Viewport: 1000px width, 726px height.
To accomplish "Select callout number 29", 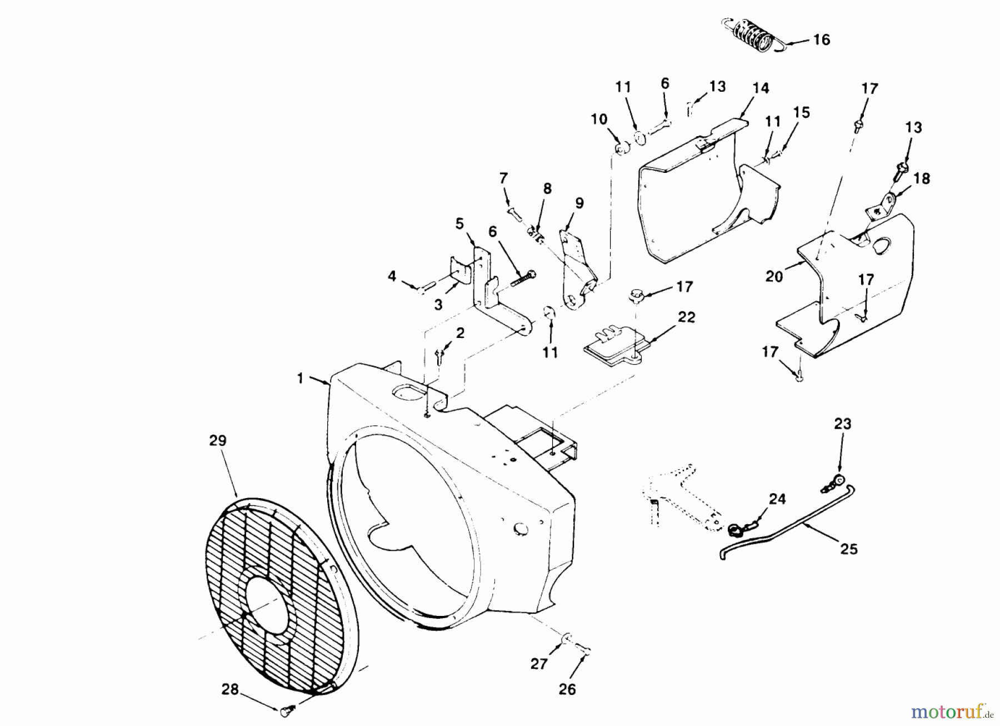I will [218, 441].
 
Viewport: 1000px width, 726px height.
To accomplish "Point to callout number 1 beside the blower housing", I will [301, 379].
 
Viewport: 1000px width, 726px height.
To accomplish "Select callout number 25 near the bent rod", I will [849, 549].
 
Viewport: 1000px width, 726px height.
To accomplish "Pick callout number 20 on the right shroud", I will [774, 276].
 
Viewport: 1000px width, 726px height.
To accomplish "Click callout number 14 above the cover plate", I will [761, 88].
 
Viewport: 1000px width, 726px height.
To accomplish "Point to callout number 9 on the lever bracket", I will [579, 203].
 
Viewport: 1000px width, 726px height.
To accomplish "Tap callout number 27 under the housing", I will [539, 663].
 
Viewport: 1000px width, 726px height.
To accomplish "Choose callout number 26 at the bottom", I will [567, 689].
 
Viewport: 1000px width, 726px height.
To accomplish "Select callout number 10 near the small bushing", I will [599, 120].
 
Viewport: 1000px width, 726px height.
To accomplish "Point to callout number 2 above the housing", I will [460, 333].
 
